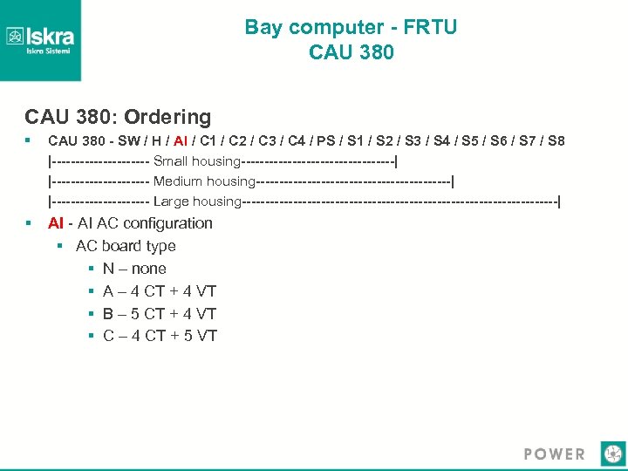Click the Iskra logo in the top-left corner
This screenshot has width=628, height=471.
(40, 39)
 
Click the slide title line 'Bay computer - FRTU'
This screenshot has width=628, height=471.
(351, 27)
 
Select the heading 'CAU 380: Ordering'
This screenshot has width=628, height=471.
(118, 117)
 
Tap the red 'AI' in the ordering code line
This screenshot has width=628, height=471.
(181, 141)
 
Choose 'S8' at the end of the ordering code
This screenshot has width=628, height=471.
(555, 141)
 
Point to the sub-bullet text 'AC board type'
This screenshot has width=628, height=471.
(126, 246)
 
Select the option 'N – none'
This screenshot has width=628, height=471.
(134, 269)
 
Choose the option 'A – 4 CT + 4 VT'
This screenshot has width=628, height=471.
(160, 291)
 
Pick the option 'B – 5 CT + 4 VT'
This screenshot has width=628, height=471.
(160, 314)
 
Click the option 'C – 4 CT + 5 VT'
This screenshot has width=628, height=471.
(160, 336)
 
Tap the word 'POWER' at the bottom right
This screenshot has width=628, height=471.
(555, 454)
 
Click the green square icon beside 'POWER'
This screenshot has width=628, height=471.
(613, 454)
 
